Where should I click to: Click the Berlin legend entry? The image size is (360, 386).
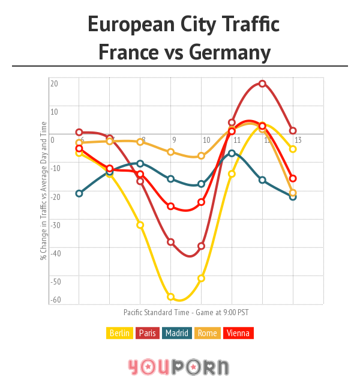119,333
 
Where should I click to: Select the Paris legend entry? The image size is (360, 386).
149,333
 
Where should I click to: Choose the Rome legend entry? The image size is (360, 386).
207,333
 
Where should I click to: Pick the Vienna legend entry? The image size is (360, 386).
238,333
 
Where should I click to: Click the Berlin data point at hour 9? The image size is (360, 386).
171,297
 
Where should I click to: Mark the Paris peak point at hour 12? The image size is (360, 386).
262,83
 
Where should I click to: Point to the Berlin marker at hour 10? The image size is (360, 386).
202,278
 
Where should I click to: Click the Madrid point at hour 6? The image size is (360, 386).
79,193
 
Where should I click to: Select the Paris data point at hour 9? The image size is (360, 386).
171,242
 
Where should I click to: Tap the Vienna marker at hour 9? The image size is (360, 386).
171,207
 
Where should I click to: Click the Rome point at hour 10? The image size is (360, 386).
202,156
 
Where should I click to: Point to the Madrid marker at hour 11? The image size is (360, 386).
232,153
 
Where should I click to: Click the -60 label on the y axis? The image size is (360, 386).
55,300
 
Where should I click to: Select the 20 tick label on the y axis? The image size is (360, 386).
54,83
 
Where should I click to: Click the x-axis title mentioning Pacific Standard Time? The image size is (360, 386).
185,312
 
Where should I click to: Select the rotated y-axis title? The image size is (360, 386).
43,199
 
